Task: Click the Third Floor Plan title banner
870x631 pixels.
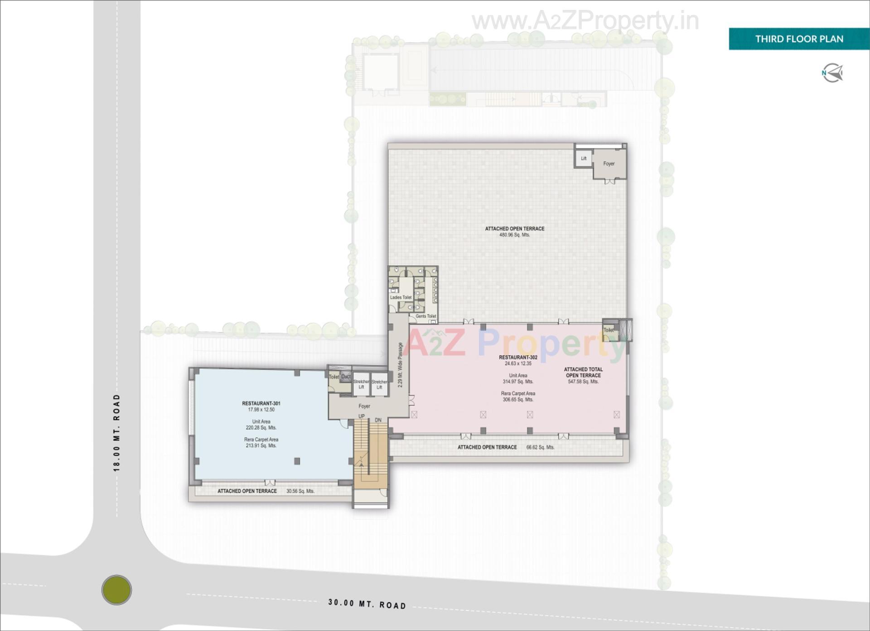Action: tap(799, 39)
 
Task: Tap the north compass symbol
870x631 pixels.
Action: tap(832, 73)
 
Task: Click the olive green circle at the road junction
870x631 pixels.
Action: tap(116, 590)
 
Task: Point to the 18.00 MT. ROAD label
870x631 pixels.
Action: tap(117, 433)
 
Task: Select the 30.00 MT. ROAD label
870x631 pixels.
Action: tap(367, 604)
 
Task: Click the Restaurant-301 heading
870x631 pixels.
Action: tap(261, 403)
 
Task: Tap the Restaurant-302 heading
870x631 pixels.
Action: tap(518, 357)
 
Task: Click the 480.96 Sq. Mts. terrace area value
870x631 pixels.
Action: tap(514, 235)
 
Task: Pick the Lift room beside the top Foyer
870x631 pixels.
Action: tap(584, 158)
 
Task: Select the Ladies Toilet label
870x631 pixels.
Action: tap(401, 297)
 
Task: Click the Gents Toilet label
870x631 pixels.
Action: tap(425, 316)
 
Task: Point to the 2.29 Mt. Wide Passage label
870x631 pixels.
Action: tap(400, 364)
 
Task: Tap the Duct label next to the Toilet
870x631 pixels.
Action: tap(346, 377)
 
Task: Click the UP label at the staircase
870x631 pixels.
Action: tap(362, 416)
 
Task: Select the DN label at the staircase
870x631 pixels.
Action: tap(378, 420)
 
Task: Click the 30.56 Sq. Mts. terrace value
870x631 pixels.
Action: tap(300, 491)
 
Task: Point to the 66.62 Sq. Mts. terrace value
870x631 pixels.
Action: tap(540, 447)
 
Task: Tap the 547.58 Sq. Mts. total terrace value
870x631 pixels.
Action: tap(583, 382)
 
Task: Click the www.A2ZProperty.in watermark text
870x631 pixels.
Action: tap(585, 21)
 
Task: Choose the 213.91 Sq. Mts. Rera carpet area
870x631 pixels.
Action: tap(261, 445)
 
